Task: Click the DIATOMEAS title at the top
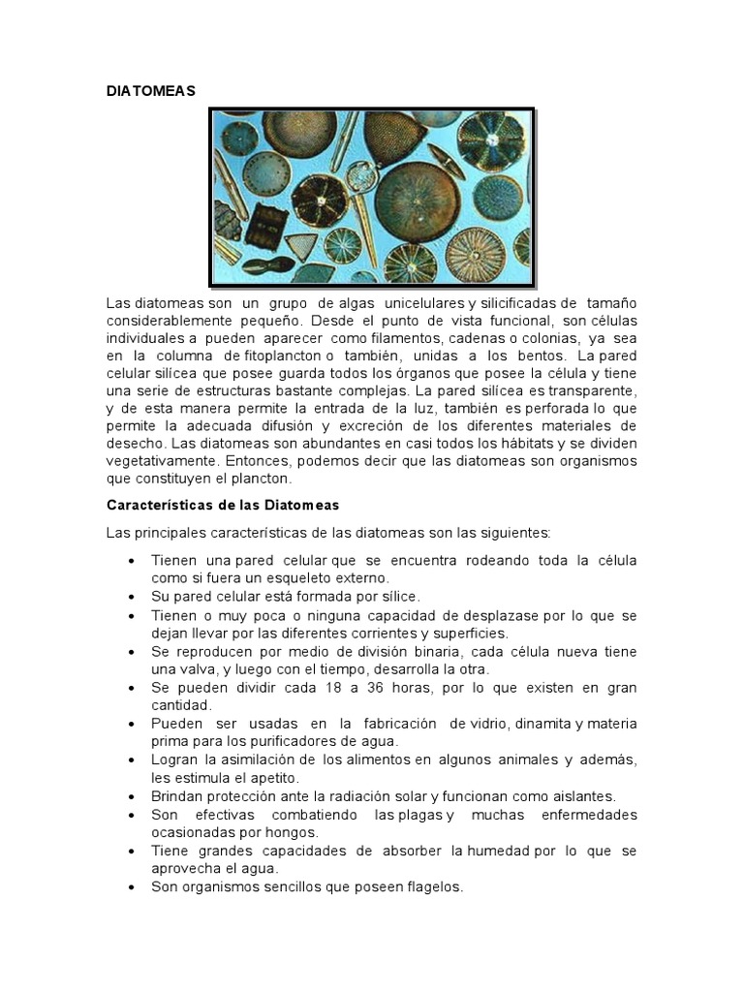[150, 91]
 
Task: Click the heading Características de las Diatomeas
[222, 506]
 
